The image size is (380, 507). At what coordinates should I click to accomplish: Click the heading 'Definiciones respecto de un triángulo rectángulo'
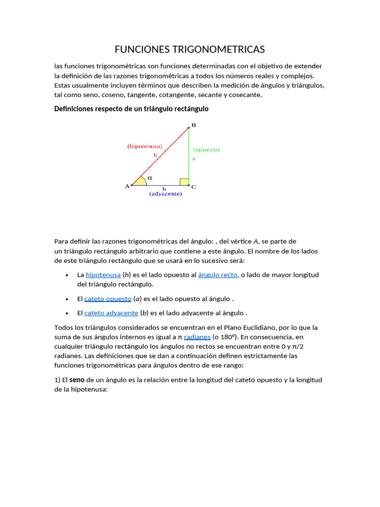pos(131,109)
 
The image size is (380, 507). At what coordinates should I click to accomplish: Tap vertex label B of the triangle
pos(193,125)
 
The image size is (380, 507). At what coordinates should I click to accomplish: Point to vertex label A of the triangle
pos(127,187)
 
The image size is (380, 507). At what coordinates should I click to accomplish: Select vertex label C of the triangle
pos(193,187)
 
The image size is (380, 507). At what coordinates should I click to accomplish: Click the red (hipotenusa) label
pos(144,147)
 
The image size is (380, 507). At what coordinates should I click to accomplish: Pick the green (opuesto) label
pos(206,150)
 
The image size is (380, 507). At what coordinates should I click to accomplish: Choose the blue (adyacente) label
pos(166,194)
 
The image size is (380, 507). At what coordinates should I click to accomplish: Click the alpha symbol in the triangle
pos(150,177)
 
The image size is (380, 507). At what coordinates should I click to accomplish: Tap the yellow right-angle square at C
pos(184,182)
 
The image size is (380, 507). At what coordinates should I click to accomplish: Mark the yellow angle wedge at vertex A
pos(140,182)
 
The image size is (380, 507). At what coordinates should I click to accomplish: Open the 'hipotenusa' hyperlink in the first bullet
pos(103,275)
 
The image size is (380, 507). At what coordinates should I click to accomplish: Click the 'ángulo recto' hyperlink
pos(218,275)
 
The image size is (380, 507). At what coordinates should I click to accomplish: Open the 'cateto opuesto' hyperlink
pos(108,299)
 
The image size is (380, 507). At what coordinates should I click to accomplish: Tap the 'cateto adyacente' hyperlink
pos(111,313)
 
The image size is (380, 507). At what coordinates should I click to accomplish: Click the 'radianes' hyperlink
pos(197,337)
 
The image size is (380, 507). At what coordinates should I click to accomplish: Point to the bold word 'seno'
pos(77,380)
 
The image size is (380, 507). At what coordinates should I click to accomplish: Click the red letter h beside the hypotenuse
pos(155,155)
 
